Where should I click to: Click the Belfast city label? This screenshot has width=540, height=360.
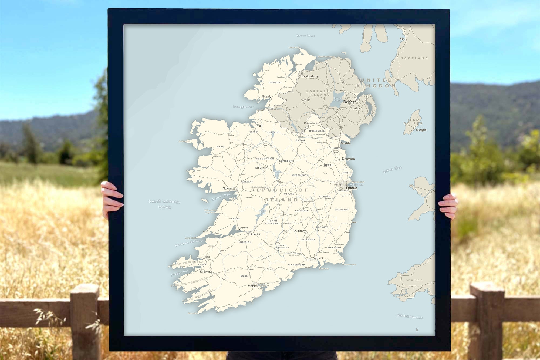pos(349,102)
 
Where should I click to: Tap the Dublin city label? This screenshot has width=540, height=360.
pos(352,188)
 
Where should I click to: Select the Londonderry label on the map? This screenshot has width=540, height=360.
pos(310,76)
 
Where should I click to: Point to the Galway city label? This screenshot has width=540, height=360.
pos(227,188)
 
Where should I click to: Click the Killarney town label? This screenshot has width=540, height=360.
pos(205,272)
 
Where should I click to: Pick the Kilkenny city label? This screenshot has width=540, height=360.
pos(300,231)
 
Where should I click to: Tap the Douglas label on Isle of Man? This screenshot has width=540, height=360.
pos(421,130)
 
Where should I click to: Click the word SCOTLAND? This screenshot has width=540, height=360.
pos(414,58)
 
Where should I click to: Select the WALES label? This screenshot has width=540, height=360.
pos(414,280)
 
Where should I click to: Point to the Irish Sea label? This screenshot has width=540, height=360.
pos(392,170)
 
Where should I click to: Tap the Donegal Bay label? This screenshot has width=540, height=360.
pos(243,107)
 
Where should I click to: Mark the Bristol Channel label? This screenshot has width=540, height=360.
pos(410,316)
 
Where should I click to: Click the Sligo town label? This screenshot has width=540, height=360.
pos(259,125)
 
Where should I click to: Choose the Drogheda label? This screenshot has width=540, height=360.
pos(348,159)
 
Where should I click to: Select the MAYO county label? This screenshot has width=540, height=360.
pos(220,147)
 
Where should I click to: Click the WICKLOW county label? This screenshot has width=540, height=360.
pos(342,210)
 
